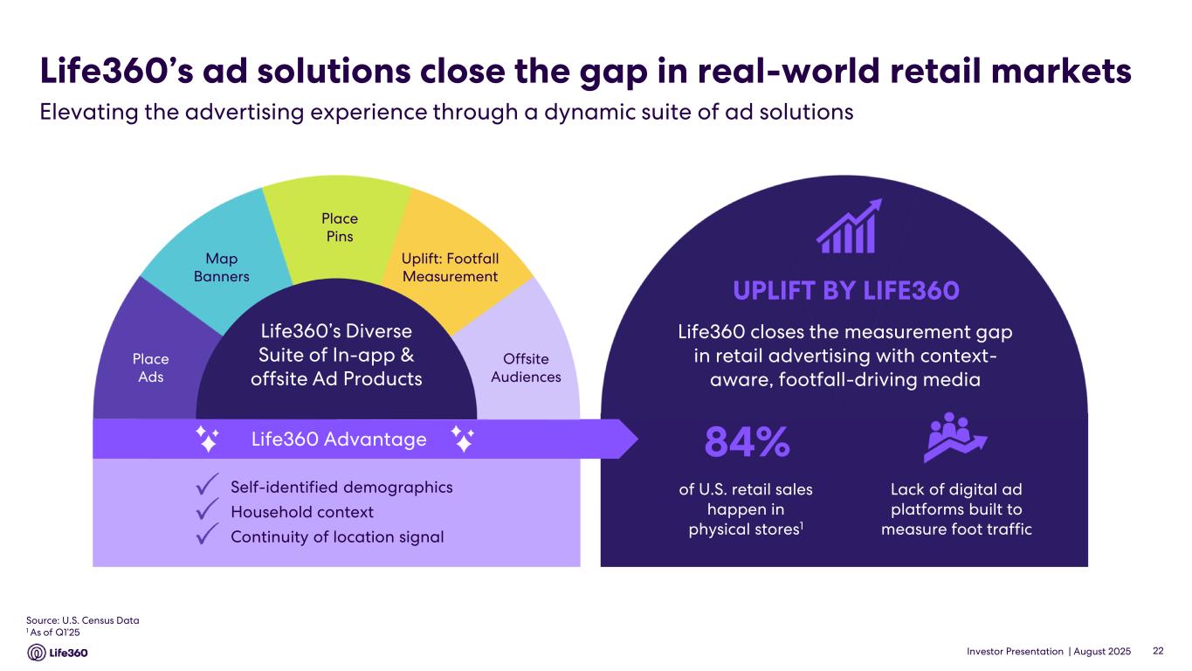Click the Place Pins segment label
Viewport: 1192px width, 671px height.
339,227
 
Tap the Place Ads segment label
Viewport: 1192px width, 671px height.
150,368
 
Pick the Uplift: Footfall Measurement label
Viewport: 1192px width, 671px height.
450,267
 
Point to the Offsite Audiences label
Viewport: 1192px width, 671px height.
526,368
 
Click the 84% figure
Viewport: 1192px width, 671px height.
748,444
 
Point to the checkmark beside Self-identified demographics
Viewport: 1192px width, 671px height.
207,485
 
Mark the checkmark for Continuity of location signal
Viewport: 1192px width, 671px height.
207,535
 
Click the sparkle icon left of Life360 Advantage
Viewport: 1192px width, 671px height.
207,439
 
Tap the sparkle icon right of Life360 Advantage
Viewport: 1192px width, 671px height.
464,439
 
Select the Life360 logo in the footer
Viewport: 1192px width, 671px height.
58,653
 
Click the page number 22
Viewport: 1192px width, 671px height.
1158,651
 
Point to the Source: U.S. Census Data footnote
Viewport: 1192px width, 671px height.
83,620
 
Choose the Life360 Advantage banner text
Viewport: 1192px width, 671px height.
339,439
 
